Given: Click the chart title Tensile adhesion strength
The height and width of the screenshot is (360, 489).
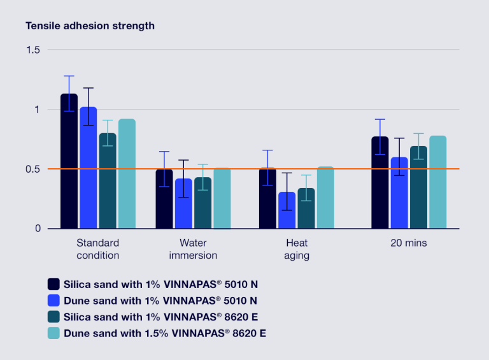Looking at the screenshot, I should point(90,26).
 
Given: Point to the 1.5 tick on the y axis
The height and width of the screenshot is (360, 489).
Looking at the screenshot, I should point(32,50).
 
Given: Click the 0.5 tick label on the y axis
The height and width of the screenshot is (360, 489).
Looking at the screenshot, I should point(32,169).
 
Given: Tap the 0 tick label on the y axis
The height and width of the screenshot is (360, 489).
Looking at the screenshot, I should point(37,228).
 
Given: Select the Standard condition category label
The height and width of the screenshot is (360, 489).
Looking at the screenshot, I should point(97,249).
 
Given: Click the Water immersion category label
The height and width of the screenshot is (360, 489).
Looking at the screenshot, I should point(193,249).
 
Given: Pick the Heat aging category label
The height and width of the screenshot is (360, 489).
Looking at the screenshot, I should point(297,249).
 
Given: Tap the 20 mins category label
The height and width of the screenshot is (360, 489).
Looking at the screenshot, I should point(409,243).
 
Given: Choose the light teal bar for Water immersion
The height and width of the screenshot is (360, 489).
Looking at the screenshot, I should point(222,198).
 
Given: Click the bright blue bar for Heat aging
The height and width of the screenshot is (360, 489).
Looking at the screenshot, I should point(287,210).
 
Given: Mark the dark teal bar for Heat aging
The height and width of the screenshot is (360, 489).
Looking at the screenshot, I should point(306,208).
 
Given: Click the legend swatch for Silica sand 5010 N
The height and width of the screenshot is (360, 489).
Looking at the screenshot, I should point(53,284).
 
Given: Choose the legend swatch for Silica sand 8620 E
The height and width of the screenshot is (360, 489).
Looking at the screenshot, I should point(53,317).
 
